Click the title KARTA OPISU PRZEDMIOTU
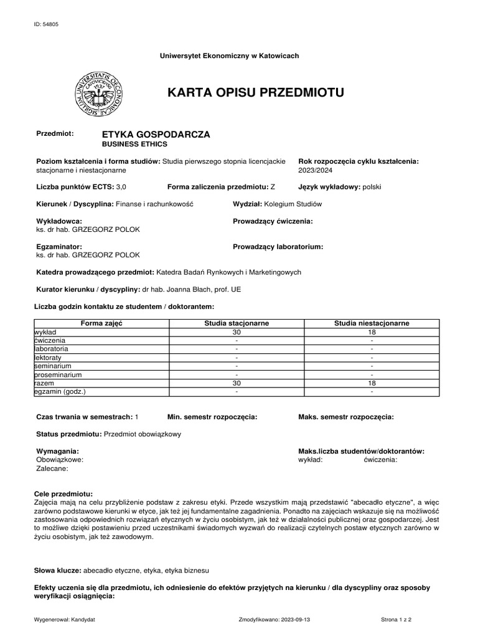point(255,93)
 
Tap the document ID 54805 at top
point(47,24)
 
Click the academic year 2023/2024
point(317,169)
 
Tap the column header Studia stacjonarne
point(237,323)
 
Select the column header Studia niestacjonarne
point(371,323)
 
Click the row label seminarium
point(54,366)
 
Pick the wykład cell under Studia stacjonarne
point(237,332)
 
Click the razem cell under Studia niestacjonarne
point(371,383)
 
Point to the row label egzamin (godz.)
point(60,392)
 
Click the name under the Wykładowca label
point(88,229)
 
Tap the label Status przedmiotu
point(68,434)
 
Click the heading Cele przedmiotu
point(63,493)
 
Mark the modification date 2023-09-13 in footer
point(290,620)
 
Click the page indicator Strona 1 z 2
point(396,620)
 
